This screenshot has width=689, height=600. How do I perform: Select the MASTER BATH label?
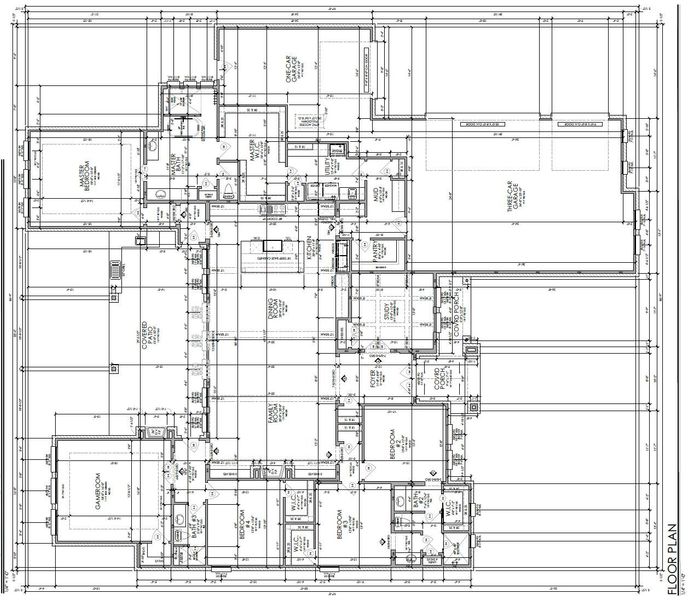coord(176,164)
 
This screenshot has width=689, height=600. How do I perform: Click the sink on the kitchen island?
coord(268,244)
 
